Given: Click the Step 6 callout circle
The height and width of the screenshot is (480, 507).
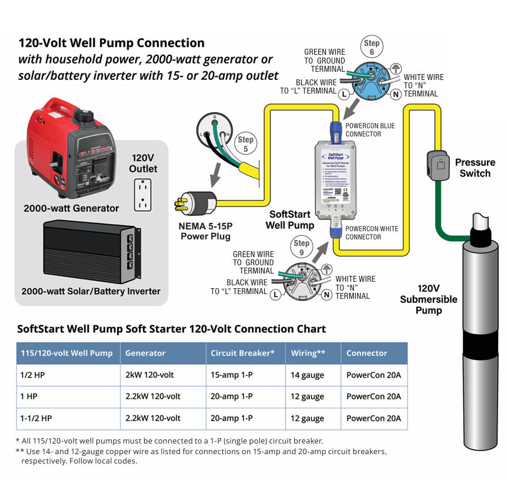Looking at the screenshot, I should click(x=372, y=47).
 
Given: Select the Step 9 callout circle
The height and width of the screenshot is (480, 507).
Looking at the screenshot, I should click(x=301, y=247).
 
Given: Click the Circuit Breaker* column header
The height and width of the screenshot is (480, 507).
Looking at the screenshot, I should click(x=242, y=353).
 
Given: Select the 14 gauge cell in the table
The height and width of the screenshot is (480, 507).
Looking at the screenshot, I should click(x=307, y=375).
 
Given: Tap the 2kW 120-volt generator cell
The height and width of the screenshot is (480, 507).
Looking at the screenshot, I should click(x=149, y=375).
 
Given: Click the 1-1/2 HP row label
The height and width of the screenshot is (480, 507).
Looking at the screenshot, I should click(x=36, y=418).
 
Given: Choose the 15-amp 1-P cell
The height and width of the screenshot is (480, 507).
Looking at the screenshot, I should click(x=232, y=375).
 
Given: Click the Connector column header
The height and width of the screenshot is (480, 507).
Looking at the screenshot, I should click(x=366, y=353).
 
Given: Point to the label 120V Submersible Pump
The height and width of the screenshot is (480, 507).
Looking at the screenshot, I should click(x=428, y=299).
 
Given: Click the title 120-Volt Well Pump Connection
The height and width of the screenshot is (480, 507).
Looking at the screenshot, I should click(x=112, y=43).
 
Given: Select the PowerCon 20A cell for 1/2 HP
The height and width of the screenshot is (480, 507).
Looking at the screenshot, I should click(x=373, y=375).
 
